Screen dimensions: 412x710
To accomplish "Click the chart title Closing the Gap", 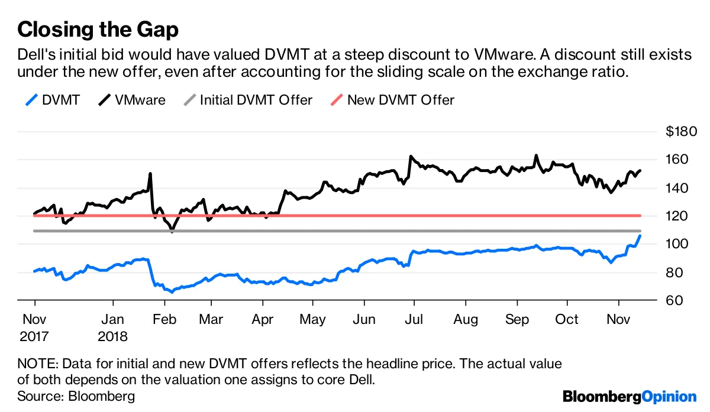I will (98, 28).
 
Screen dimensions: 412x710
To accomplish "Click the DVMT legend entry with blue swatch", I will (53, 100).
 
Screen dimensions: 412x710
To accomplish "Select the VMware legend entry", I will (132, 100).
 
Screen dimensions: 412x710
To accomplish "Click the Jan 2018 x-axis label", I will (112, 327).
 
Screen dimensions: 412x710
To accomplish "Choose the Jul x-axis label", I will (414, 320).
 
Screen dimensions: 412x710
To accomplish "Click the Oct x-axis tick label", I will (567, 320).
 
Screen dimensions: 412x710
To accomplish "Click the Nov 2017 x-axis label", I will (34, 327).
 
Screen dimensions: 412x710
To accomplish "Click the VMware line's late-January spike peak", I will (150, 174).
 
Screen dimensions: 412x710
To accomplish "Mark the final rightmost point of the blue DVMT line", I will (640, 235).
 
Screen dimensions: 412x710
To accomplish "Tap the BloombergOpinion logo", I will (630, 396).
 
